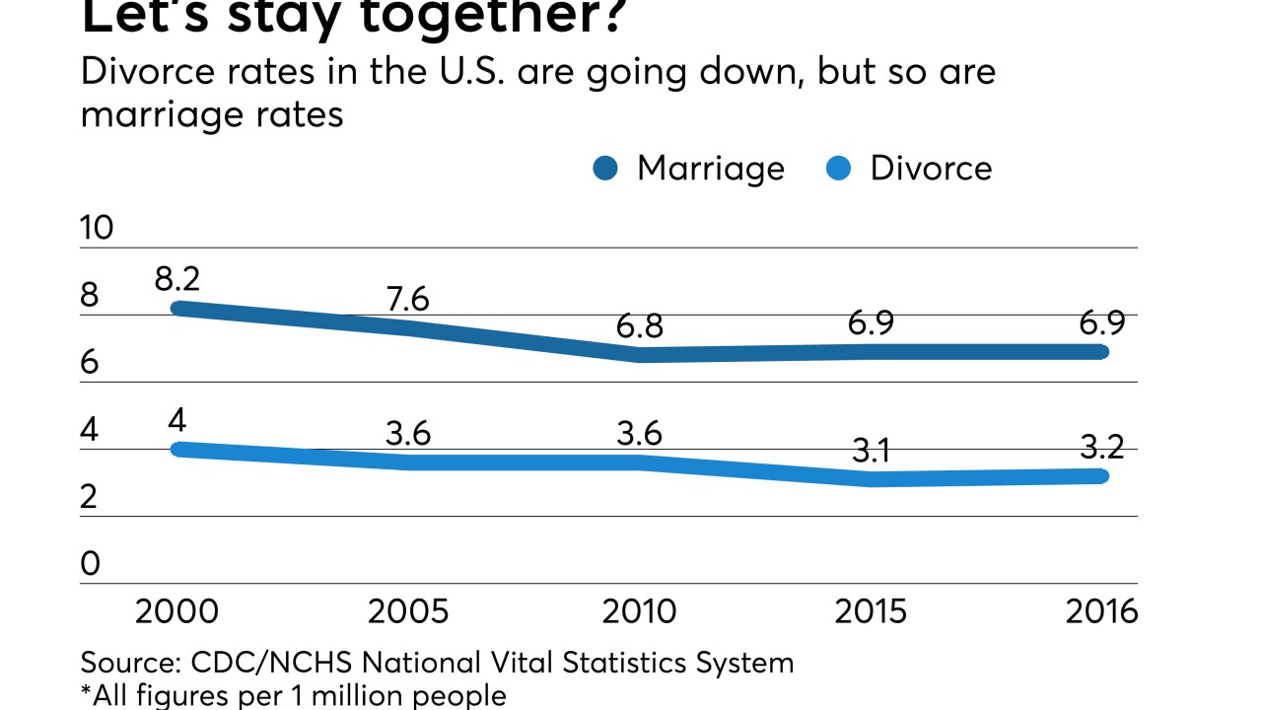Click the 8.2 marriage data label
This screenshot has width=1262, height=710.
pyautogui.click(x=177, y=278)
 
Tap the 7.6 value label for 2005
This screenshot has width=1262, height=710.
pyautogui.click(x=407, y=298)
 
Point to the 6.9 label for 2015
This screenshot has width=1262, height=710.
pyautogui.click(x=871, y=322)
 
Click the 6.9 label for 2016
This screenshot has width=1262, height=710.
pyautogui.click(x=1101, y=322)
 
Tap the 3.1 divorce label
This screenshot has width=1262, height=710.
pyautogui.click(x=871, y=451)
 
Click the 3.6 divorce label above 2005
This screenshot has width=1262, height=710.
pyautogui.click(x=407, y=434)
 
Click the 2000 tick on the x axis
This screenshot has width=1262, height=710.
pyautogui.click(x=177, y=611)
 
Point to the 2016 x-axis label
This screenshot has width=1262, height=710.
pyautogui.click(x=1101, y=611)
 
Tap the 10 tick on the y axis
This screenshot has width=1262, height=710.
pyautogui.click(x=98, y=228)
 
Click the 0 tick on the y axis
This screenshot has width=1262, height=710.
pyautogui.click(x=91, y=564)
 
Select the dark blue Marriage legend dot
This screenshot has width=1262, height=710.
pyautogui.click(x=605, y=169)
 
